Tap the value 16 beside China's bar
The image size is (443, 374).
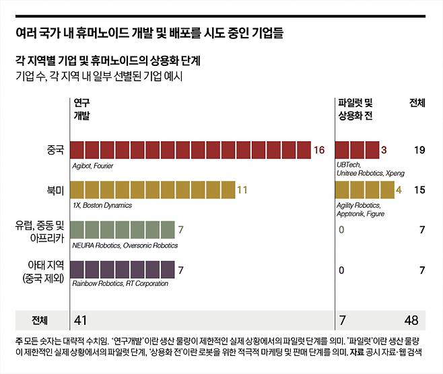[319, 150]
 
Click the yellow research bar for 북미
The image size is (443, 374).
[152, 190]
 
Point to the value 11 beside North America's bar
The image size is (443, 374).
[242, 190]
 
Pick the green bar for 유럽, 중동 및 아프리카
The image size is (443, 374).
[122, 230]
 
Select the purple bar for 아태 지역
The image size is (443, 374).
[122, 270]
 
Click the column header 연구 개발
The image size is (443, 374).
[81, 109]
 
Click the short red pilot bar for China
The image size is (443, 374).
[356, 150]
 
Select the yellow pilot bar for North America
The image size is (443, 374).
[364, 190]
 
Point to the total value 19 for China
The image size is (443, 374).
[419, 150]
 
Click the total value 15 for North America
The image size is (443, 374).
[419, 190]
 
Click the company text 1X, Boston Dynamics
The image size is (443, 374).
[101, 204]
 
